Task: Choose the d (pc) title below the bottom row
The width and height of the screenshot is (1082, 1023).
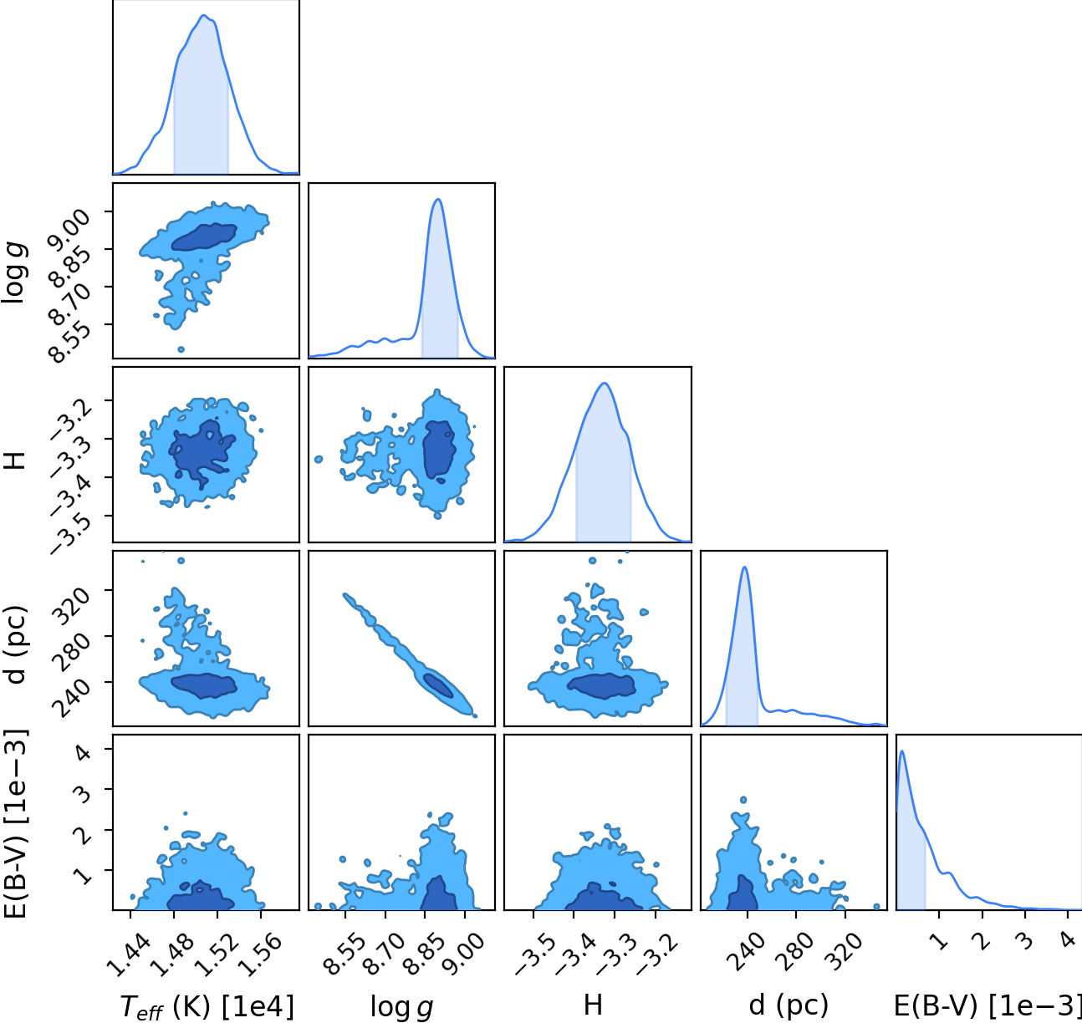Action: click(x=789, y=1006)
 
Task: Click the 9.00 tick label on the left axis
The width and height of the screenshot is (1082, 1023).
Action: click(x=69, y=232)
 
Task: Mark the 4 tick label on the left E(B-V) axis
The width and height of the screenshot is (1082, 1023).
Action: click(x=83, y=752)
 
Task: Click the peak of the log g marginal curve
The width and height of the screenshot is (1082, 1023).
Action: click(x=438, y=199)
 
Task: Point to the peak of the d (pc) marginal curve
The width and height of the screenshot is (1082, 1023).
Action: click(x=745, y=567)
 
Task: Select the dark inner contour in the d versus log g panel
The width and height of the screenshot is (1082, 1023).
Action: click(x=439, y=686)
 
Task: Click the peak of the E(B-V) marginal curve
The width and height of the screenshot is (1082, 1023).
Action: click(x=902, y=751)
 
